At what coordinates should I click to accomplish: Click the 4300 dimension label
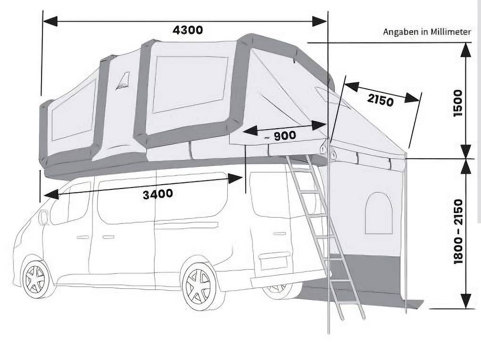point(188,30)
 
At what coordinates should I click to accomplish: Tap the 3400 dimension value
point(158,194)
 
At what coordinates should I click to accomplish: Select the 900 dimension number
point(285,136)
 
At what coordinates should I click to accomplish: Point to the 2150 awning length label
point(380,100)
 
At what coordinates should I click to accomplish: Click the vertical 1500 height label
point(458,103)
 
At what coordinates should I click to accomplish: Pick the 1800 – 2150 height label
point(458,231)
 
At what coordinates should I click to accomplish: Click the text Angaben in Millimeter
point(427,32)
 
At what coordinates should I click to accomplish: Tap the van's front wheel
point(36,279)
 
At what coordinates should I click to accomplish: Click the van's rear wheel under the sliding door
point(198,286)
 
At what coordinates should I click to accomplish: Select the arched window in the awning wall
point(379,213)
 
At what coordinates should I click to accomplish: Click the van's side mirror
point(43,217)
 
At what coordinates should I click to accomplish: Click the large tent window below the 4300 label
point(190,83)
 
